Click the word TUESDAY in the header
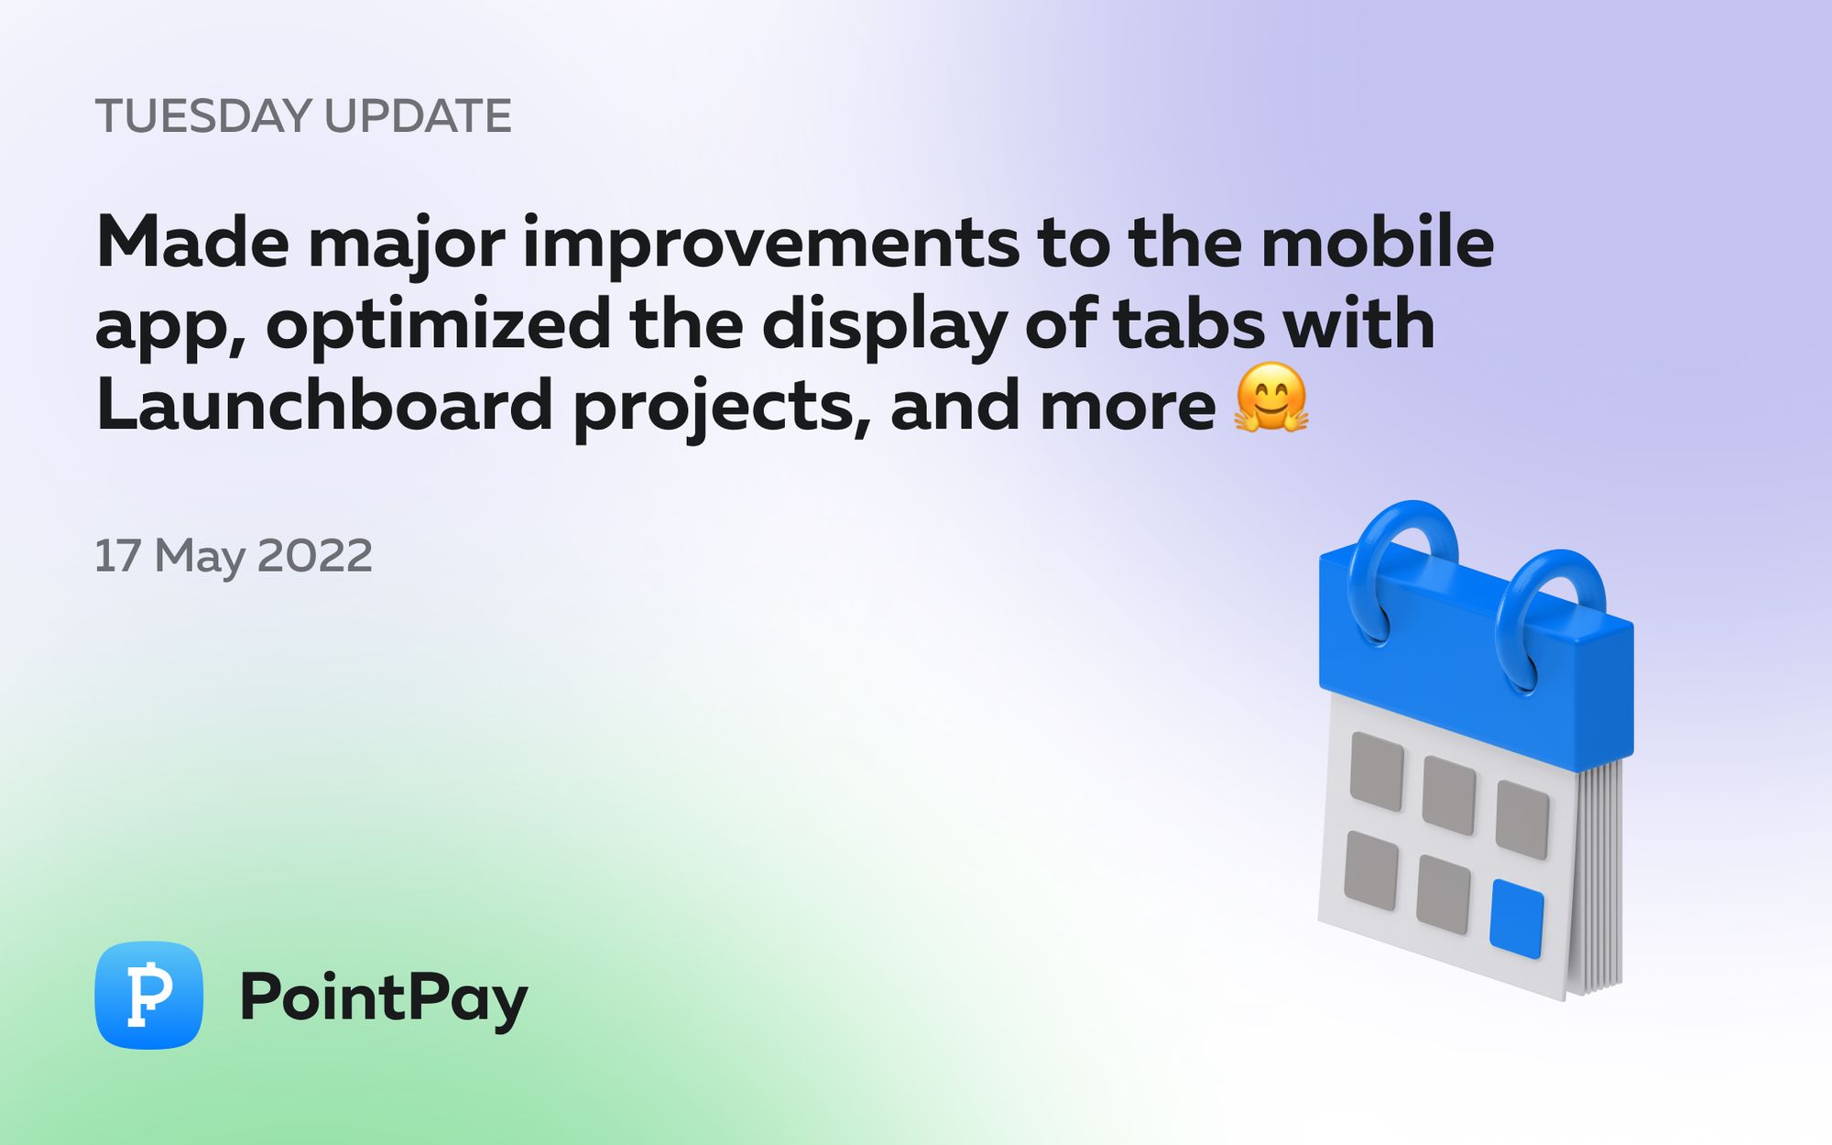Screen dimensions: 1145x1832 coord(203,116)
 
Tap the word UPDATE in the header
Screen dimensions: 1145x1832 coord(418,116)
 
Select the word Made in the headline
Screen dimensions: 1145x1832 coord(192,243)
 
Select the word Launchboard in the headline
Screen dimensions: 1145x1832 coord(324,406)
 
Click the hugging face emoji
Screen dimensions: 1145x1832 coord(1271,398)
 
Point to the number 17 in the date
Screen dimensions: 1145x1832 coord(117,556)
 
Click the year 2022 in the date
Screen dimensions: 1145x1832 coord(315,556)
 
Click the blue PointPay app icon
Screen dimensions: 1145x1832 coord(148,995)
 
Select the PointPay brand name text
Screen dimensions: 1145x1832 coord(383,998)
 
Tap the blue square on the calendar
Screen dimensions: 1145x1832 coord(1517,919)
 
